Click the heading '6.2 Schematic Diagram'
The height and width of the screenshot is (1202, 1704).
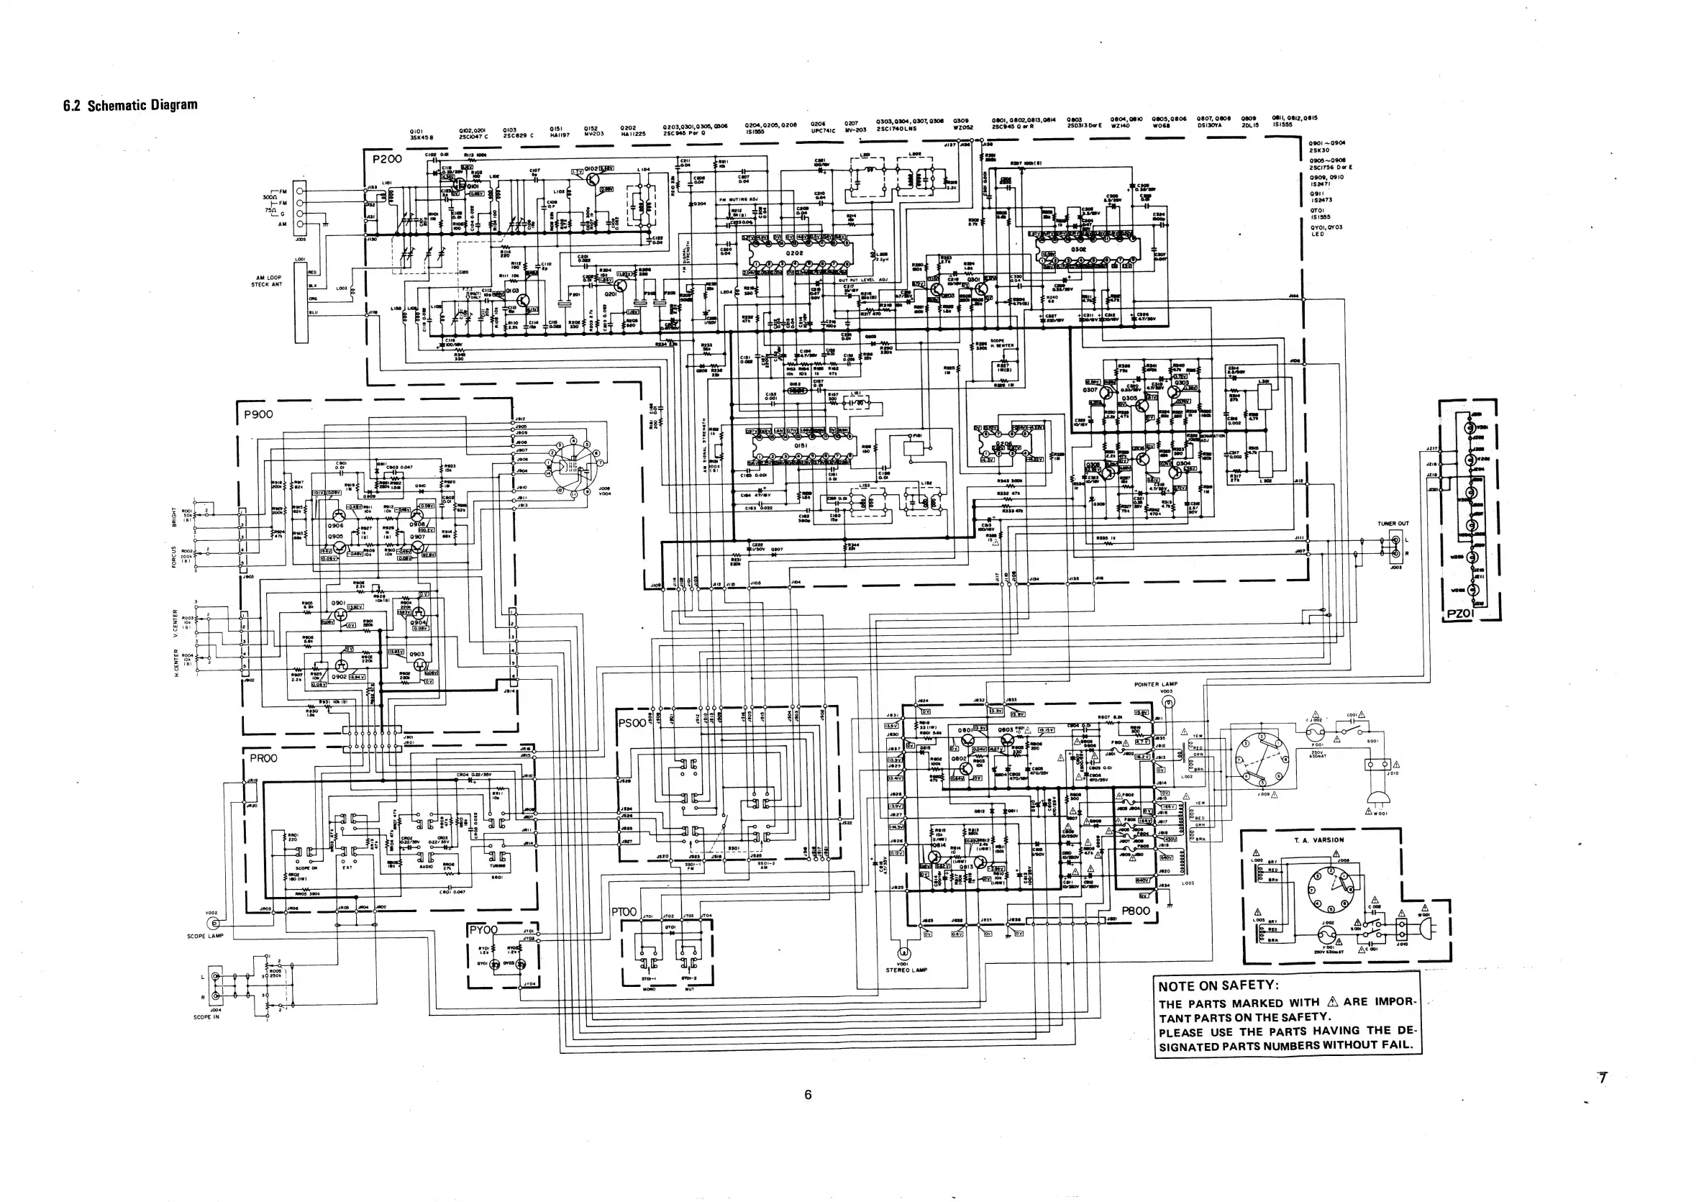[x=131, y=104]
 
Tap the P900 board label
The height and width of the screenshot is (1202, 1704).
[x=256, y=414]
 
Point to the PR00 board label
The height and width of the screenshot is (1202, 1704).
[x=263, y=758]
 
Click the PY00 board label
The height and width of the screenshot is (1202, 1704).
[x=483, y=930]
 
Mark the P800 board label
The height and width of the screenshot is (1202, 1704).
[x=1136, y=911]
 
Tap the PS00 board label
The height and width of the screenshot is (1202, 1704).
[x=632, y=723]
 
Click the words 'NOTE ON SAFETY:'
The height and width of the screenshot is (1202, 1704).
[x=1218, y=985]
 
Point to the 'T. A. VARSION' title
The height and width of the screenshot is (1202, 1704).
[x=1318, y=840]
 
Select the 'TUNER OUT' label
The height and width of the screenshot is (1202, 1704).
[x=1393, y=524]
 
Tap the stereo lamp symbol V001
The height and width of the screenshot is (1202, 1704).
[x=903, y=952]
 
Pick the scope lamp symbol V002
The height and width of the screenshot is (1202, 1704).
[x=215, y=924]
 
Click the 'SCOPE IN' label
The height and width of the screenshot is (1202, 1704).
[x=206, y=1017]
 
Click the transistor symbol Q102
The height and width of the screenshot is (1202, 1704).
[x=591, y=179]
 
